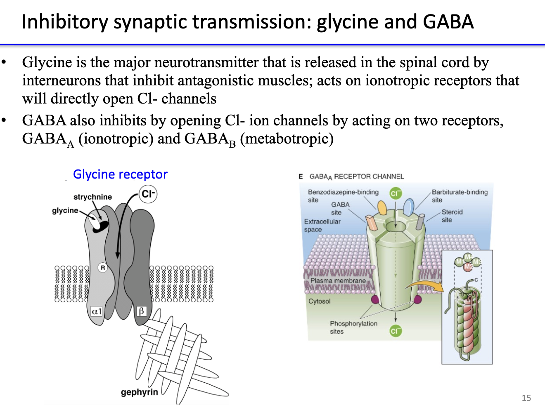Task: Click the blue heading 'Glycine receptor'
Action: point(120,174)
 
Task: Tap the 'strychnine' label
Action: point(92,197)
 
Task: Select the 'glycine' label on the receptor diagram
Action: point(65,210)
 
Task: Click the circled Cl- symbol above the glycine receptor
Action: point(148,194)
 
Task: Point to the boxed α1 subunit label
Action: point(97,311)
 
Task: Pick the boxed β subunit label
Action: point(141,311)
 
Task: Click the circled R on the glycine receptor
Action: point(103,268)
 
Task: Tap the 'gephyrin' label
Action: point(139,392)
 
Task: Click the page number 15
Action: point(526,398)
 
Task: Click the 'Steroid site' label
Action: point(452,216)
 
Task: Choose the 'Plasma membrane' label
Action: point(338,281)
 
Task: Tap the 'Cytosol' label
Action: point(319,301)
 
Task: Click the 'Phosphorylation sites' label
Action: point(353,327)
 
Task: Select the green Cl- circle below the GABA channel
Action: point(396,331)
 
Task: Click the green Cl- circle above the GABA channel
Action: point(396,193)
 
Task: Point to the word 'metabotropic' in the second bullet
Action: point(287,139)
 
